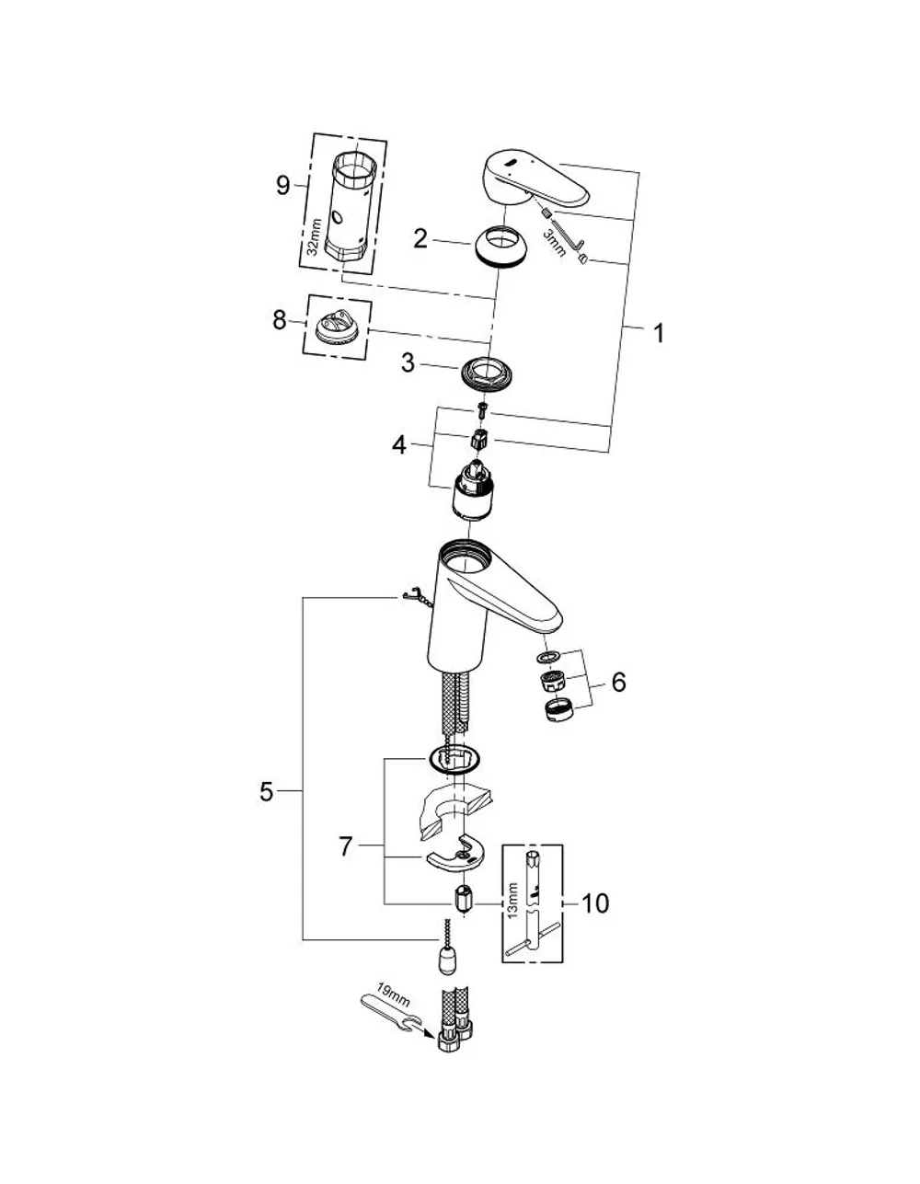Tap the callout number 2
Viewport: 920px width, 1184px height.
click(x=420, y=238)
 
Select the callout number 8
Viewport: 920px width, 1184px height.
click(x=279, y=320)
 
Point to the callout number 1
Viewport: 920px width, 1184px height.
click(x=658, y=333)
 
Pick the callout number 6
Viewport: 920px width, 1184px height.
click(x=618, y=682)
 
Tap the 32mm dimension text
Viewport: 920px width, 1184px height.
click(x=314, y=237)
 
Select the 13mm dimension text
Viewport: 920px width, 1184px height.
click(x=513, y=901)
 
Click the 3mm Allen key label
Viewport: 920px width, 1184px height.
click(x=554, y=243)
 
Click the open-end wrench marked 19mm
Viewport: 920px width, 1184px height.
click(x=391, y=1011)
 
